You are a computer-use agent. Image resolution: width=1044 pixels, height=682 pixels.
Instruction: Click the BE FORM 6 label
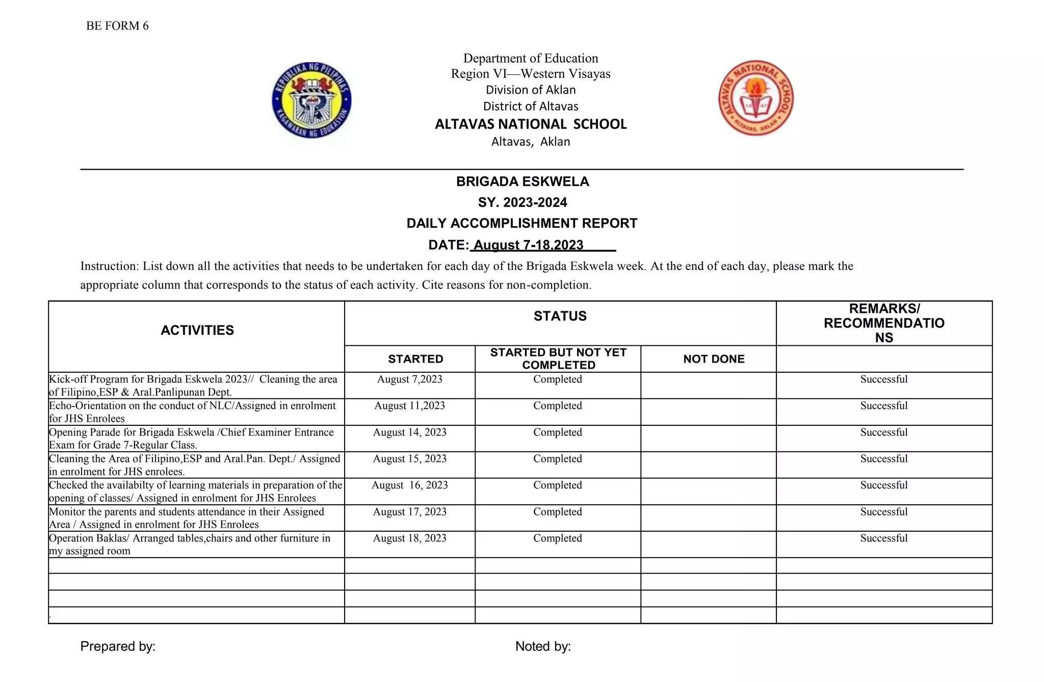pos(117,26)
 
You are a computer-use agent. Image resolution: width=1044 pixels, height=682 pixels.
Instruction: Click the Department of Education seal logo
pos(311,100)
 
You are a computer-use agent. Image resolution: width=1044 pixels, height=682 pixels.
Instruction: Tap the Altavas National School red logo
pos(755,98)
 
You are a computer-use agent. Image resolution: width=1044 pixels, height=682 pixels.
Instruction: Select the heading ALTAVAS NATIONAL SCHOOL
pos(530,124)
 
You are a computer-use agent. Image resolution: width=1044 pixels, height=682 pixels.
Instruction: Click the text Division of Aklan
pos(530,90)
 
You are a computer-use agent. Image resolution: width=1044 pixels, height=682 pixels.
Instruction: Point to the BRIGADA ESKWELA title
pos(522,182)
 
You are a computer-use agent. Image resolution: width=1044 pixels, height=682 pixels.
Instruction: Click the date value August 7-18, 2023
pos(528,245)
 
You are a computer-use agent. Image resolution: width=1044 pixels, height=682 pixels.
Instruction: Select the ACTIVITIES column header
pos(197,331)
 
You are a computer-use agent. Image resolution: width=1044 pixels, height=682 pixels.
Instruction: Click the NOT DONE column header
pos(713,359)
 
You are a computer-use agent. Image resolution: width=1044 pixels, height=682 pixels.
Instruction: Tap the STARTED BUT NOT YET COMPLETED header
pos(558,359)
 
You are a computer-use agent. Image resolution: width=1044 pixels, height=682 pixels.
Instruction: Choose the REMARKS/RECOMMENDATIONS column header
pos(883,323)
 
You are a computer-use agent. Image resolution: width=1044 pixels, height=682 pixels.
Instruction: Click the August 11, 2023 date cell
pos(409,406)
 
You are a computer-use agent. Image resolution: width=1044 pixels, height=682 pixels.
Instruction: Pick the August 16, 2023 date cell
pos(409,485)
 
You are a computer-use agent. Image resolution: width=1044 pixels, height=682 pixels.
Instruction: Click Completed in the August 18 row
pos(557,538)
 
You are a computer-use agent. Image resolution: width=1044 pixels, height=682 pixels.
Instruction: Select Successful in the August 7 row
pos(883,379)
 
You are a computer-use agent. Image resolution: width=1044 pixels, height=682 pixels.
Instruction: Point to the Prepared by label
pos(118,646)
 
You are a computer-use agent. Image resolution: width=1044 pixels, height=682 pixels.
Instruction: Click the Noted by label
pos(542,646)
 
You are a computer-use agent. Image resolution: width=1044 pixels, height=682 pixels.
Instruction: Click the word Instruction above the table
pos(109,266)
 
